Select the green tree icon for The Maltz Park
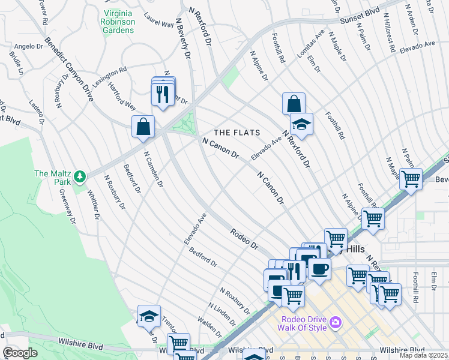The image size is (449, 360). tap(79, 176)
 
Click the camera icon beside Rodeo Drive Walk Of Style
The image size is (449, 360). tap(335, 322)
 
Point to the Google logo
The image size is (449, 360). tap(20, 353)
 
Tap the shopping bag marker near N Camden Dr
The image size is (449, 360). tap(143, 127)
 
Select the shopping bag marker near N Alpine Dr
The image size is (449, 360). tap(294, 104)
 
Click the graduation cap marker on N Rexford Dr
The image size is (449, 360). tap(301, 124)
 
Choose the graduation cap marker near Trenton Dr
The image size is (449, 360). tap(149, 316)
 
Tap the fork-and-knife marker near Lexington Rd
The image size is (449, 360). tap(162, 94)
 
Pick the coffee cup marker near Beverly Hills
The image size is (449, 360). tap(319, 269)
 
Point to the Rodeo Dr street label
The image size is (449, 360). tap(245, 238)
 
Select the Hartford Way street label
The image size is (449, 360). tap(122, 97)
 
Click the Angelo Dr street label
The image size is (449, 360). tap(25, 46)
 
